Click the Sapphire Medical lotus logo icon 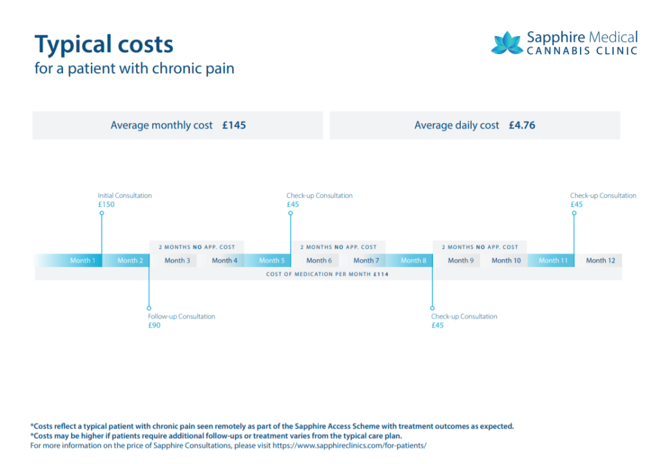point(507,43)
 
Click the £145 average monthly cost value point(234,126)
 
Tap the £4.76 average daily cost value point(521,126)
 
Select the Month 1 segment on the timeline point(82,260)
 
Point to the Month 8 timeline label point(413,260)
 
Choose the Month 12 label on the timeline point(600,260)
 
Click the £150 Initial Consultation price point(106,204)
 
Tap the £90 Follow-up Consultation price point(154,325)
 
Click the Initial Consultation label point(125,195)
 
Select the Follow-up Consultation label point(182,316)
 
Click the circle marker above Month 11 point(574,213)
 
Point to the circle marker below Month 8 point(432,308)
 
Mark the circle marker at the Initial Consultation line point(102,213)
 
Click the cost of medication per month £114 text point(327,274)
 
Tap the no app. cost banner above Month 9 point(480,247)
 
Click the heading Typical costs point(104,44)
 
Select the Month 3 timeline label point(177,260)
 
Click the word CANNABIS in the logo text point(558,50)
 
